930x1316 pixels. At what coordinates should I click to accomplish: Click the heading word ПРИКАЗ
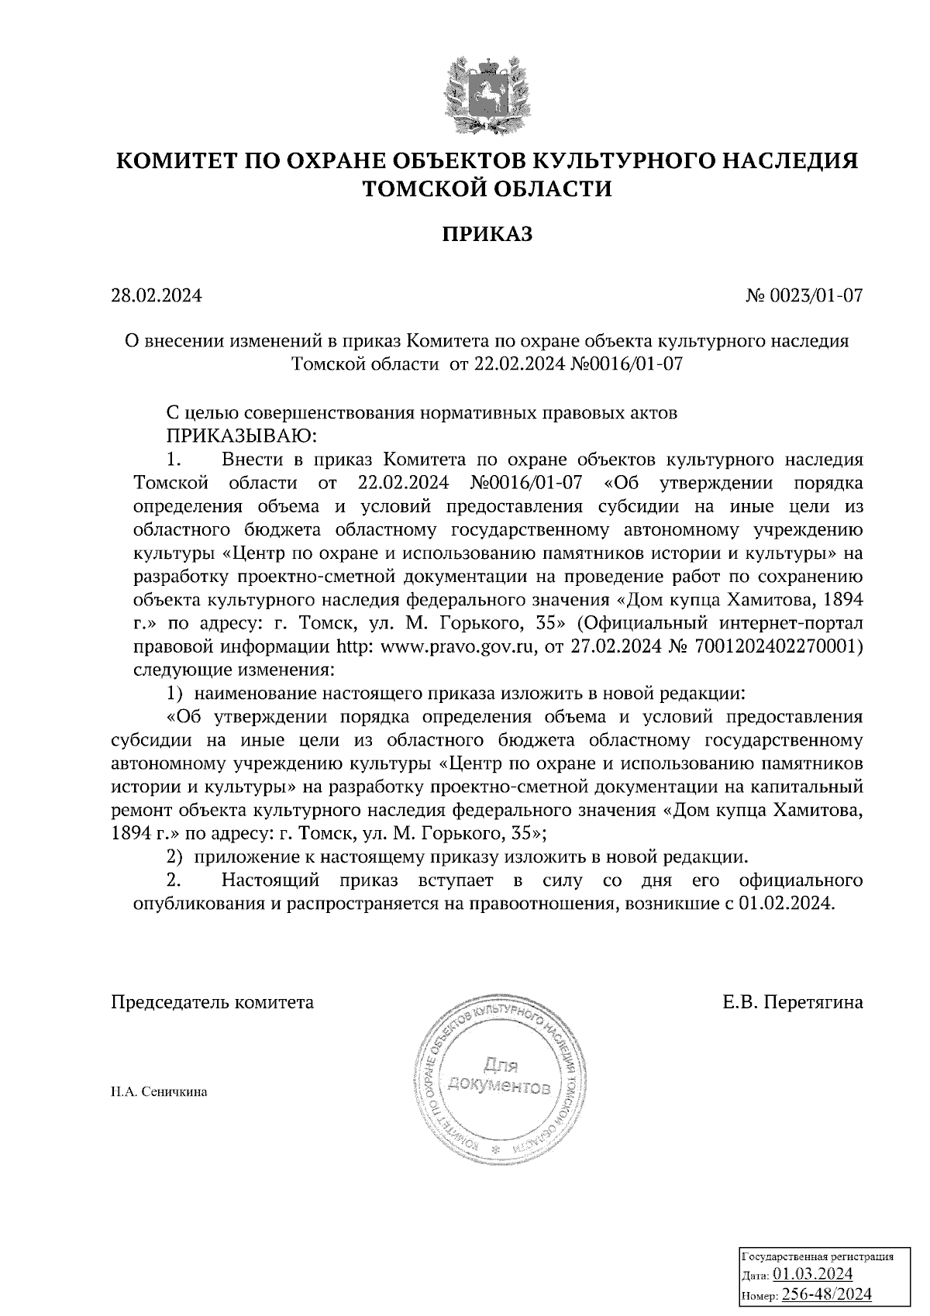[487, 233]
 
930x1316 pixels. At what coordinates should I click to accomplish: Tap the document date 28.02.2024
[156, 295]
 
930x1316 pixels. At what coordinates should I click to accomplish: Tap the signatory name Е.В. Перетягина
[793, 1002]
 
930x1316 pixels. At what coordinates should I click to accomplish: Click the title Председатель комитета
[213, 1002]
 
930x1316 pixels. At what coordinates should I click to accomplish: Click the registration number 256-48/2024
[826, 1294]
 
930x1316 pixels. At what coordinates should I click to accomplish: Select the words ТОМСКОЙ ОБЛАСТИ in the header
[487, 188]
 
